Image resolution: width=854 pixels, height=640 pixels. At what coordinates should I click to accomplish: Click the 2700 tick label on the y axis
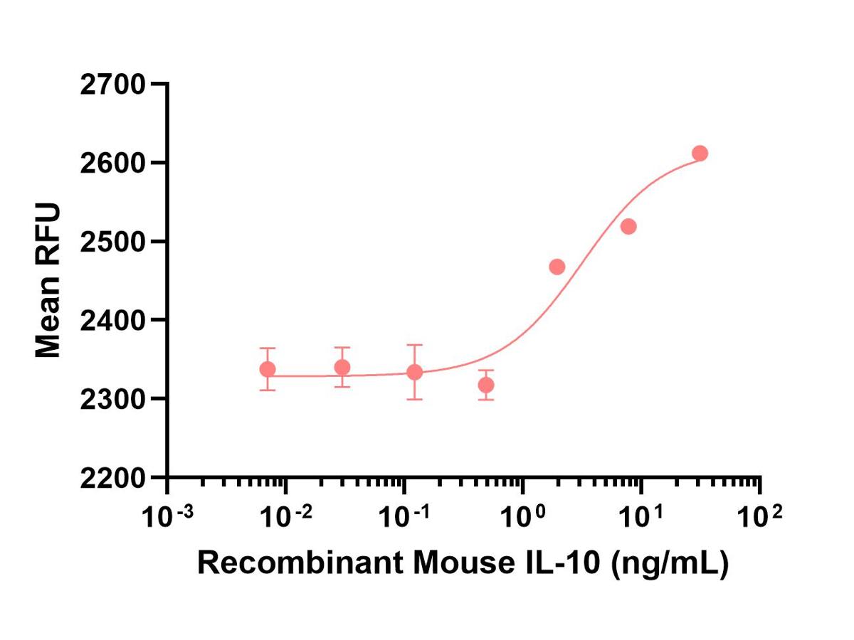[x=113, y=85]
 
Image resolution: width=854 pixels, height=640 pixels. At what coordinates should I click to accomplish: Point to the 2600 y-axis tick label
[x=113, y=163]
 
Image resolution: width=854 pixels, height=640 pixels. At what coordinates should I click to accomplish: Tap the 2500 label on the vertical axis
[x=113, y=242]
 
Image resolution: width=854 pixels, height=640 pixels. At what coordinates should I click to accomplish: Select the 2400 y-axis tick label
[x=113, y=320]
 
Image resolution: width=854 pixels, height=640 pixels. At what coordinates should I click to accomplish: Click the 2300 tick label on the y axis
[x=113, y=398]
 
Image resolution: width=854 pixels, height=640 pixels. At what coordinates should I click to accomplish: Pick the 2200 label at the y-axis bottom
[x=113, y=477]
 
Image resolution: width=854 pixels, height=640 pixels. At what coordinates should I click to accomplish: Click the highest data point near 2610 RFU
[x=700, y=153]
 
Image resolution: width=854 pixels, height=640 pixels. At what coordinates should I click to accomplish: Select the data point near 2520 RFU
[x=628, y=227]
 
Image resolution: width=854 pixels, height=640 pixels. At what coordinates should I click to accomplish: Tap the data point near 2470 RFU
[x=557, y=267]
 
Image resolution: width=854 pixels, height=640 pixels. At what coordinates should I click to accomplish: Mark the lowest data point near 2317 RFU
[x=486, y=385]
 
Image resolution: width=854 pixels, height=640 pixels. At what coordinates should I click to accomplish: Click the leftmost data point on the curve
[x=268, y=369]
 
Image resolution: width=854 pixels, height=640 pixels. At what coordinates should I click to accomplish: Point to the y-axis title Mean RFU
[x=48, y=280]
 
